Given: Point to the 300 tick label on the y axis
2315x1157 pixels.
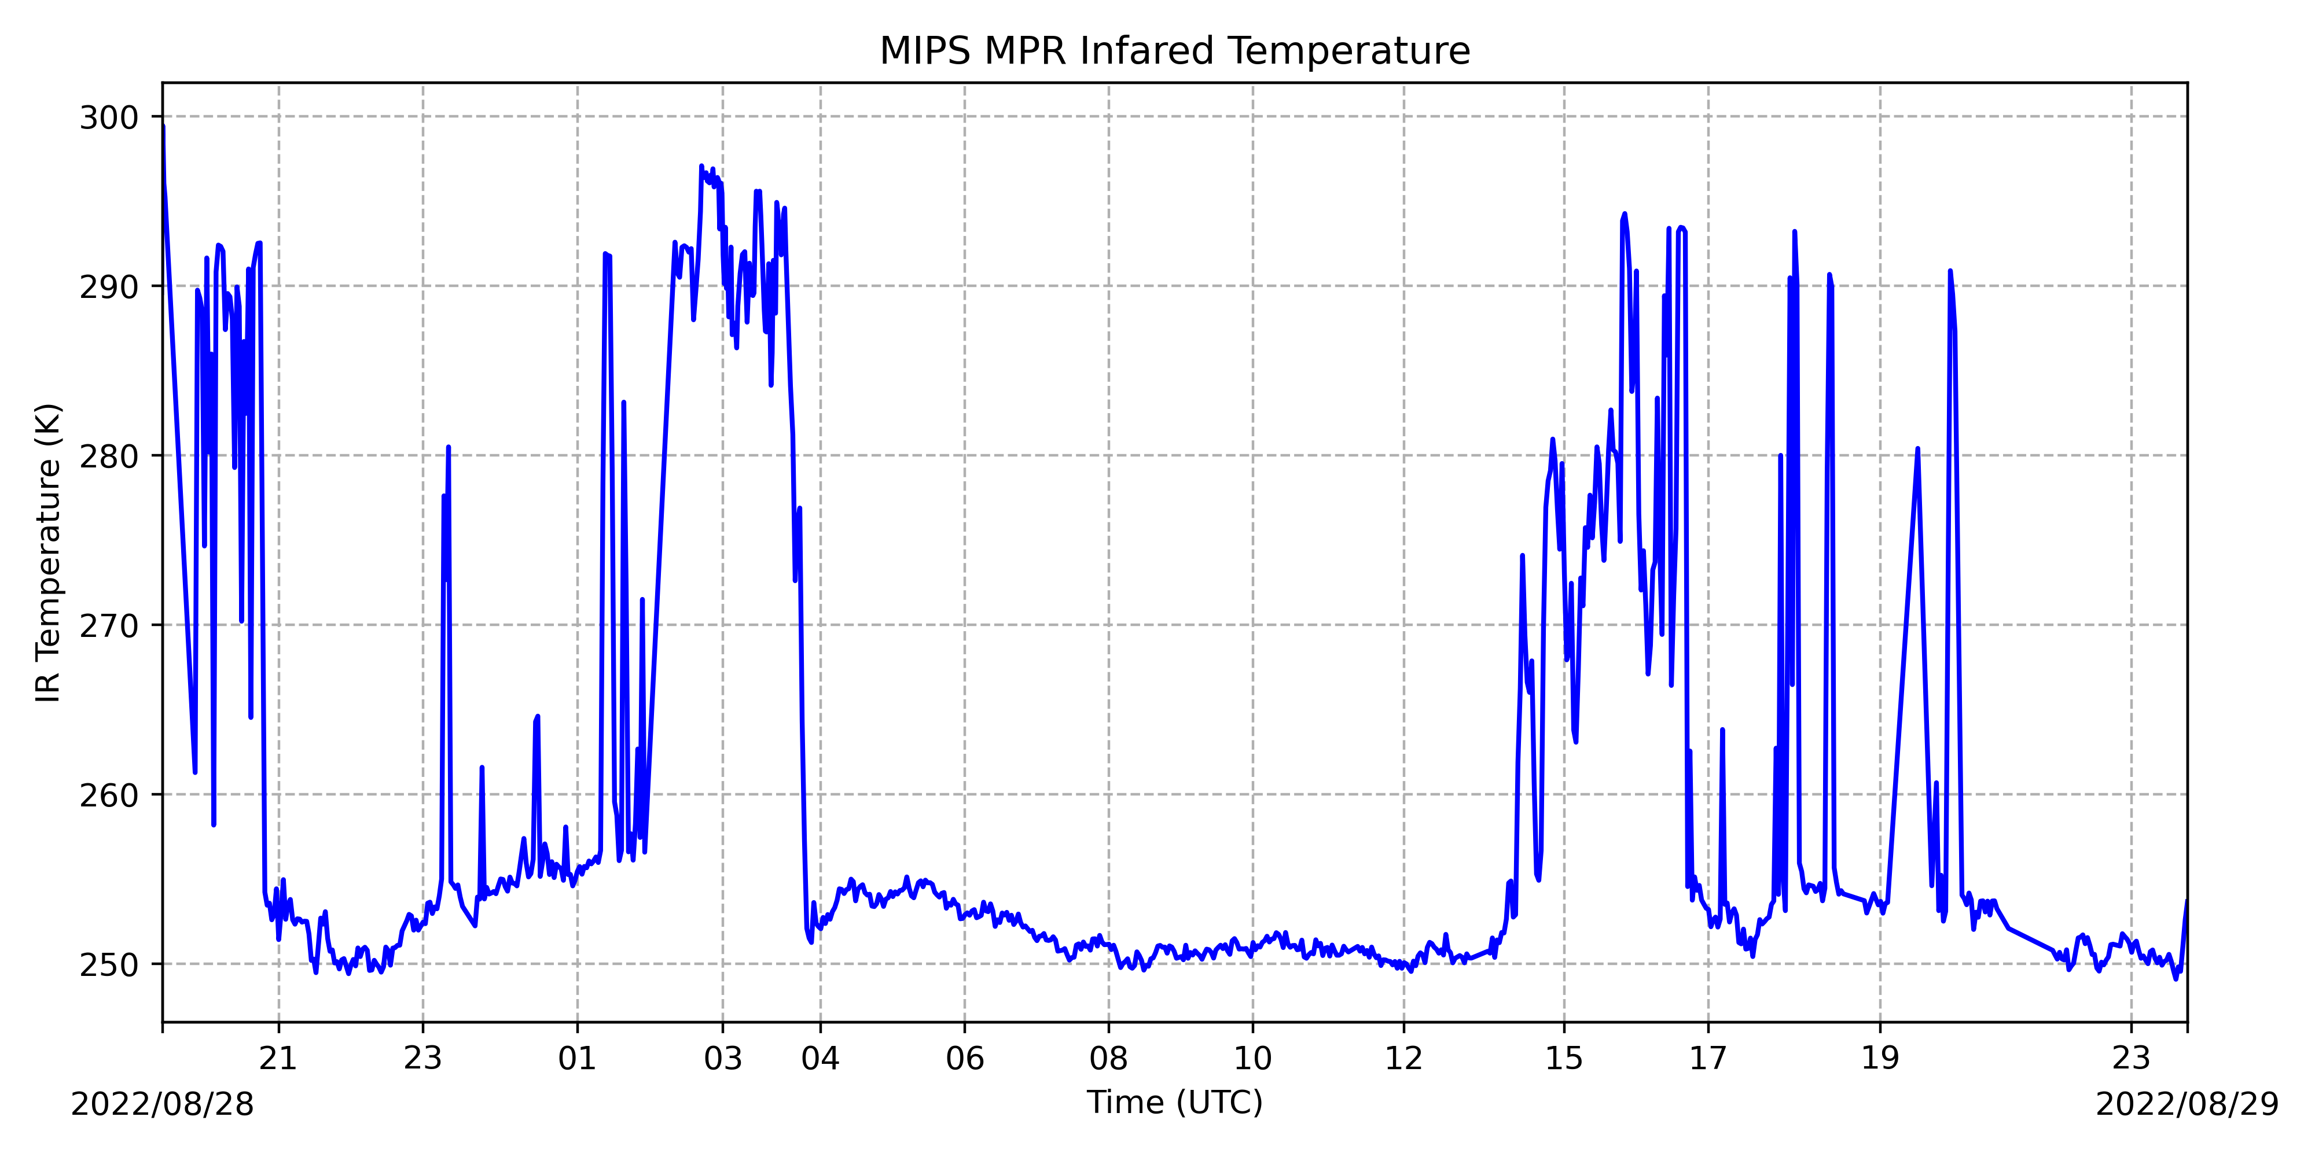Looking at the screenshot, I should tap(109, 117).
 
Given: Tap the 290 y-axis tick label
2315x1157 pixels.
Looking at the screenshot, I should tap(109, 288).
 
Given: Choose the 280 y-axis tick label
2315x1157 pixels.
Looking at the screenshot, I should tap(109, 456).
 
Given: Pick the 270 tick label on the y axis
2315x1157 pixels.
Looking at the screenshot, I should tap(109, 626).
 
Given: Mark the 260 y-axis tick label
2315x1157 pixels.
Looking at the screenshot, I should tap(109, 795).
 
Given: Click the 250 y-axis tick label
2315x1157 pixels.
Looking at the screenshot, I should tap(109, 965).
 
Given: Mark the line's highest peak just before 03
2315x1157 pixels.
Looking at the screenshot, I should tap(701, 166).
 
